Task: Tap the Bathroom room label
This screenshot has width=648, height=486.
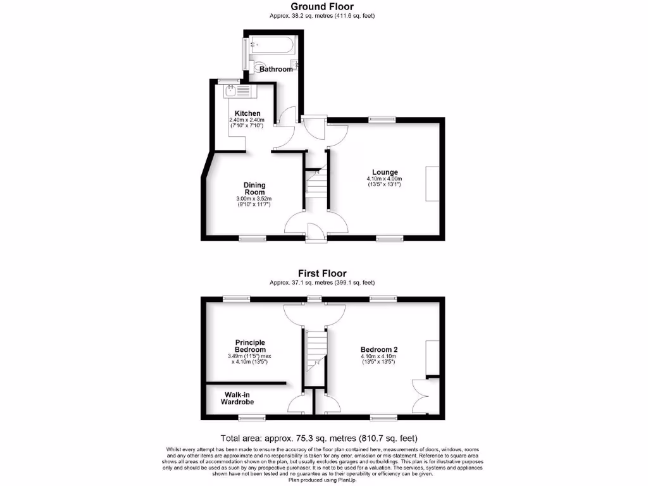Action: [x=276, y=69]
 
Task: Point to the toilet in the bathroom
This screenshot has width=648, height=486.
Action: [x=258, y=66]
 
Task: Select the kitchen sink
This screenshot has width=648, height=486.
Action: [x=237, y=92]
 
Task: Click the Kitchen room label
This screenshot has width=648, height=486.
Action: [x=244, y=113]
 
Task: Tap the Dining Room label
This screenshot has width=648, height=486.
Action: [x=254, y=189]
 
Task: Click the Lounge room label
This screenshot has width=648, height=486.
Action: [x=385, y=172]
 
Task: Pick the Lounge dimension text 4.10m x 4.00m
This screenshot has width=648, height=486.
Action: [x=385, y=179]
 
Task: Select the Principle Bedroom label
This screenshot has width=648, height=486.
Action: [x=250, y=346]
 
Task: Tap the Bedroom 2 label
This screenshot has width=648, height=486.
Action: [x=379, y=349]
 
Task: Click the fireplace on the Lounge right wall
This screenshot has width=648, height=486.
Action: [x=432, y=184]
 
